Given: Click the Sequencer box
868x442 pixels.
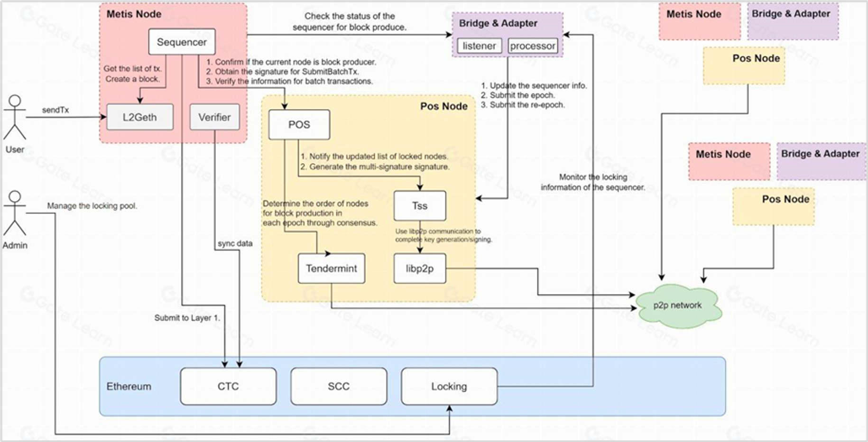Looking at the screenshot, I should pos(182,42).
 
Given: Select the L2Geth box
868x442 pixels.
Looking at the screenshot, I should pos(139,117).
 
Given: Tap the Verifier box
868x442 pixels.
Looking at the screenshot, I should pos(214,117).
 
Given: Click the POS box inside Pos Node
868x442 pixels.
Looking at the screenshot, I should pos(299,125).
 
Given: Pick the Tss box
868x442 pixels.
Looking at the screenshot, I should pos(420,206).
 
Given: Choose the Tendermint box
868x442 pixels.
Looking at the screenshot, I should pos(331,268).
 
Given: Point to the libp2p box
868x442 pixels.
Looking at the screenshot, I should pos(420,268).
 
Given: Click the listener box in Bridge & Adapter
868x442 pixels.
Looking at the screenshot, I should pos(479,46).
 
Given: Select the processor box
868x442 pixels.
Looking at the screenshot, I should pos(533,46).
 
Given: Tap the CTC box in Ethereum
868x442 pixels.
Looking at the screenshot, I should pos(228,387).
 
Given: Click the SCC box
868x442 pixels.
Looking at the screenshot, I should pos(339,387).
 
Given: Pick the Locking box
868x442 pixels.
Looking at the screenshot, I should pos(449,387).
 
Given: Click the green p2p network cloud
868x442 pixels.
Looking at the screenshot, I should pos(677,305).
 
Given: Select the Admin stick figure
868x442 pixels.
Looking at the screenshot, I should pos(15,213).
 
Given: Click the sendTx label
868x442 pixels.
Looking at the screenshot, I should pos(55,110).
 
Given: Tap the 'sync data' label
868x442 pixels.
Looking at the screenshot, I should pos(235,243).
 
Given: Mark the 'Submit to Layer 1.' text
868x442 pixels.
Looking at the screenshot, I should pos(187,318).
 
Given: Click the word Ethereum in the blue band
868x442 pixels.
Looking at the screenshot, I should pos(129,387).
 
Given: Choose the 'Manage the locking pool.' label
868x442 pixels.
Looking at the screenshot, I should pos(92,206).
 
